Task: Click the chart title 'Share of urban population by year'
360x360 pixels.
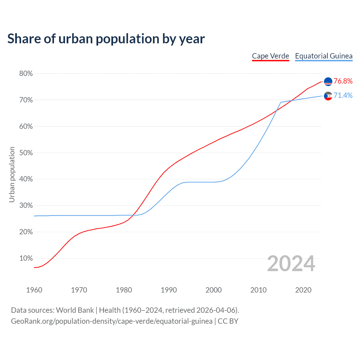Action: click(106, 39)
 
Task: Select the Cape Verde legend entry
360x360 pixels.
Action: click(270, 56)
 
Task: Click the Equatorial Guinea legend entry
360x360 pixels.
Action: click(324, 56)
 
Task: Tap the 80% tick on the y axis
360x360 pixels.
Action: click(26, 74)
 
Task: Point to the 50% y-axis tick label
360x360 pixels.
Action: click(26, 153)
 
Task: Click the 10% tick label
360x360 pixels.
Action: click(26, 258)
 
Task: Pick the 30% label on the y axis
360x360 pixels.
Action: click(26, 206)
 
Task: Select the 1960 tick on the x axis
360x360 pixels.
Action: click(34, 290)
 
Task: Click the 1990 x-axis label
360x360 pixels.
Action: click(169, 290)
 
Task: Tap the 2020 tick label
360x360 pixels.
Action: click(303, 290)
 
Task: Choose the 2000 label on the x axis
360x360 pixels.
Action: click(213, 290)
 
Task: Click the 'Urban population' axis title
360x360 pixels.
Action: click(12, 174)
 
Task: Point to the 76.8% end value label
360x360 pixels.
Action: click(343, 81)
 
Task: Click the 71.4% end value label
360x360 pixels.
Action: click(343, 96)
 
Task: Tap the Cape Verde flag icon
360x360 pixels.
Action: click(328, 82)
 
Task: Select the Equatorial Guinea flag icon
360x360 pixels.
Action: click(328, 96)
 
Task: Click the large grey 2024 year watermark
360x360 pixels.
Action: click(291, 264)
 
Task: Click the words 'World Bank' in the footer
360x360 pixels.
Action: click(75, 310)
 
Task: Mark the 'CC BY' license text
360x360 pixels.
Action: click(228, 321)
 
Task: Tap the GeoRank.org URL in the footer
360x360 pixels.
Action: click(112, 321)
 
